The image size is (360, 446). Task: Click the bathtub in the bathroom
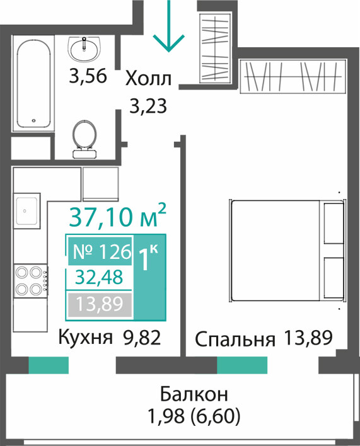point(33,83)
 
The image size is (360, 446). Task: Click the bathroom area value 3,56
point(88,76)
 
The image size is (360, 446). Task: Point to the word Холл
point(149,79)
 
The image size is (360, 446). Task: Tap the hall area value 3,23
point(148,106)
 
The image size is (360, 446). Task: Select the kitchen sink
point(26,210)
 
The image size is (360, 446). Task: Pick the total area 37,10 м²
point(117,216)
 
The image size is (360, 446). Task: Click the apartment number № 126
point(102,251)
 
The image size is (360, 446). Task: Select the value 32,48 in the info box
point(99,277)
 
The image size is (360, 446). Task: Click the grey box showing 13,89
point(100,304)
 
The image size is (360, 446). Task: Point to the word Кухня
point(85,338)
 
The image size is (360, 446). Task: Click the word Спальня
point(235,340)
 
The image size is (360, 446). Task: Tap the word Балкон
point(194,394)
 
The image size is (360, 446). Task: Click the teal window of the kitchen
point(49,365)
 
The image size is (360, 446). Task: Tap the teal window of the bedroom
point(242,365)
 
